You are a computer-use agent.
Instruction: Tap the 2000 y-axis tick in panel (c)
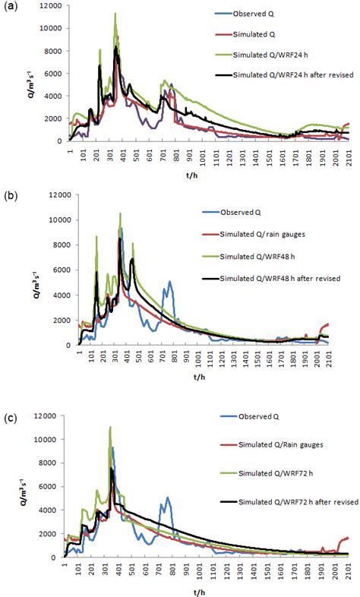pyautogui.click(x=55, y=535)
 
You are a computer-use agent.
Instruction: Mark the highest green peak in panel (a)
pyautogui.click(x=115, y=14)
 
